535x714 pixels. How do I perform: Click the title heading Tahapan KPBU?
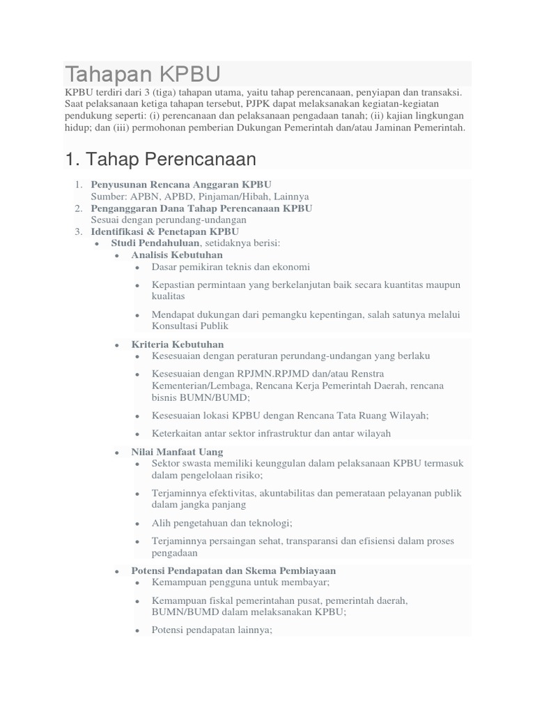[x=143, y=74]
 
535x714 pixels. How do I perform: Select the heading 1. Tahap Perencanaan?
[x=160, y=159]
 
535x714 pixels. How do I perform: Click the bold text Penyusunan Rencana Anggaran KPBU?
[x=180, y=185]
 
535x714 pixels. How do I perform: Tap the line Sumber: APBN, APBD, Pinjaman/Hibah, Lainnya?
[x=200, y=197]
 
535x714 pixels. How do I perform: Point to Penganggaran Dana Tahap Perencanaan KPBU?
[x=201, y=208]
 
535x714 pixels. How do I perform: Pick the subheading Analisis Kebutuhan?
[x=177, y=255]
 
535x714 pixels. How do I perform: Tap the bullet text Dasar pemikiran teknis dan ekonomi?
[x=231, y=267]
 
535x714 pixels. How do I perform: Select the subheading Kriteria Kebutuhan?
[x=178, y=344]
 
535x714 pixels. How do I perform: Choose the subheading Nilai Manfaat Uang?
[x=177, y=452]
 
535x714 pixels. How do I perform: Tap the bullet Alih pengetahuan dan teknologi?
[x=222, y=522]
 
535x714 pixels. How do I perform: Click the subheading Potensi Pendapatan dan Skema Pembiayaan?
[x=233, y=570]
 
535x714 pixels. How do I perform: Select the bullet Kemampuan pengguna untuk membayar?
[x=240, y=582]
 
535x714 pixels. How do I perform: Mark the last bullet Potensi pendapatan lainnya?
[x=212, y=629]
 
